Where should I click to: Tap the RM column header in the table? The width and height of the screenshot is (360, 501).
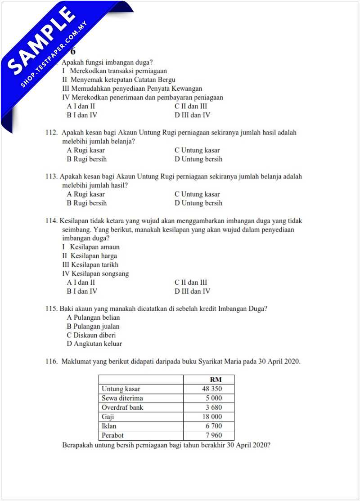pos(216,380)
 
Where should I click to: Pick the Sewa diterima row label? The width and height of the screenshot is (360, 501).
pos(122,398)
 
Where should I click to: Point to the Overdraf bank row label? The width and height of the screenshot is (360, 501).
pos(122,407)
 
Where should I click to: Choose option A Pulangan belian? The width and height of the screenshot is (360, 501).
pos(93,318)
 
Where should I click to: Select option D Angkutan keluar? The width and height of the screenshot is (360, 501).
pos(94,344)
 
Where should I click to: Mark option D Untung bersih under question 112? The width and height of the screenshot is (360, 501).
pos(198,159)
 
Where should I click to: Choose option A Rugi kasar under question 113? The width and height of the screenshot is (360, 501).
pos(86,194)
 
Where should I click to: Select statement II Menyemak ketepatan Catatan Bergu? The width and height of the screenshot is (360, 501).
pos(119,80)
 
